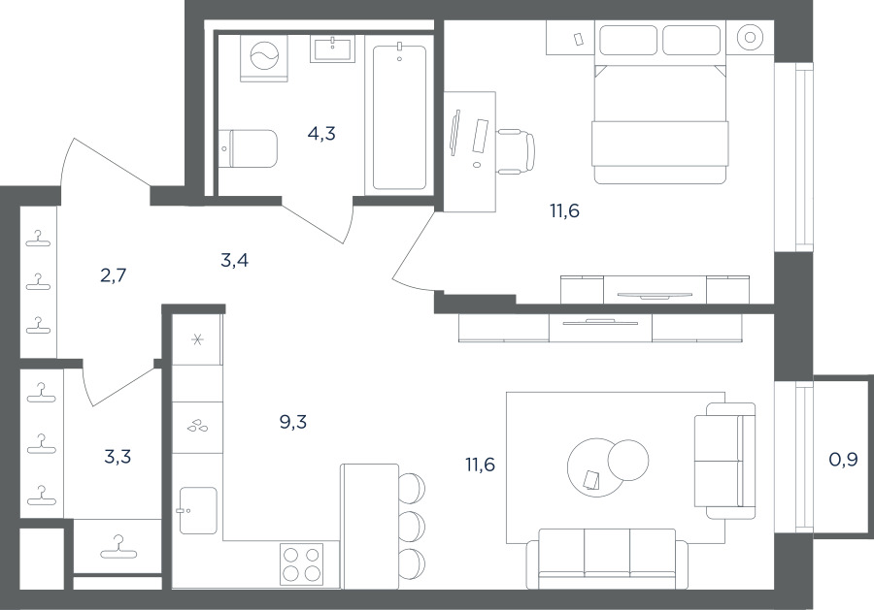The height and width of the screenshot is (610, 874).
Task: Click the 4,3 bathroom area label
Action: coord(321,134)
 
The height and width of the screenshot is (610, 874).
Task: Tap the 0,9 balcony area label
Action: coord(843,460)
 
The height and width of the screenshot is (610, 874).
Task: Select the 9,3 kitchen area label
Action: coord(293,423)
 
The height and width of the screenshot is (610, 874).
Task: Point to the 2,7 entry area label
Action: coord(114,275)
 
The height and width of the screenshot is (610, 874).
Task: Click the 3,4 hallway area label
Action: coord(235,260)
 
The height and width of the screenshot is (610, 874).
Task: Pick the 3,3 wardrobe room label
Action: coord(118,457)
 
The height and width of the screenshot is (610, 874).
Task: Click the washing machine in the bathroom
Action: coord(264,57)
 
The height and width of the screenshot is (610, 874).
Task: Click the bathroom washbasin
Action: coord(332,48)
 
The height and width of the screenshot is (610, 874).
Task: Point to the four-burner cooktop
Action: coord(302,563)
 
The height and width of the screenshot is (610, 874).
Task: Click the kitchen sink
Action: coord(198,510)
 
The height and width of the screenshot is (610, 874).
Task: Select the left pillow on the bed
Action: coord(628,40)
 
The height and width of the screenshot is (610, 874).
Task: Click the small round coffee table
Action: coord(628,460)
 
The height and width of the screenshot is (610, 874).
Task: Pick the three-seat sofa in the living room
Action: coord(608,558)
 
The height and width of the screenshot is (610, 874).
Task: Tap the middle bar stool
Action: coord(412,524)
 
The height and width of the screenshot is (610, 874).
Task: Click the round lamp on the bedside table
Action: coord(751,37)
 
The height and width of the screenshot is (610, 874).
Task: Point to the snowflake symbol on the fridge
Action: coord(197,339)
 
